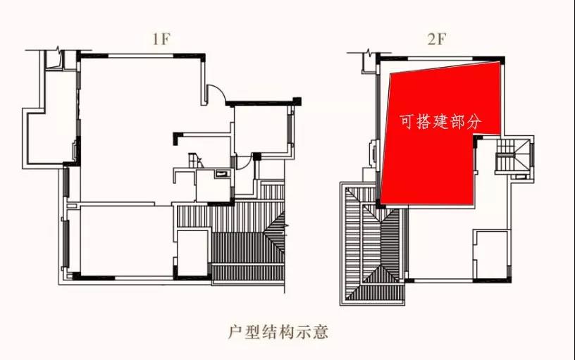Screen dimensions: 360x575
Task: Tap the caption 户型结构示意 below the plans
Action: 278,330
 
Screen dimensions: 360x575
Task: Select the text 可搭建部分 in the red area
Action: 440,121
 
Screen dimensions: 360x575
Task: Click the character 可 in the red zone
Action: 407,121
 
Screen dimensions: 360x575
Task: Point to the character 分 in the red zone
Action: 474,121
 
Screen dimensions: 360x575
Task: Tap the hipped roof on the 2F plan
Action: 373,243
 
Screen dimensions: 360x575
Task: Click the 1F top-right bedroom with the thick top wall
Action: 261,130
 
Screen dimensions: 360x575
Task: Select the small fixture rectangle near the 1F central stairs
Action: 223,171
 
